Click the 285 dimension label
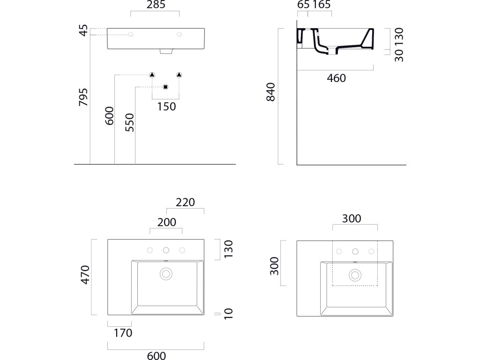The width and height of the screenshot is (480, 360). (156, 5)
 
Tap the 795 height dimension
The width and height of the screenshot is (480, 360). (83, 97)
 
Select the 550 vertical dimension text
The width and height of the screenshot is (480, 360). (130, 122)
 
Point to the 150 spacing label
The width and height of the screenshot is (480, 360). (166, 106)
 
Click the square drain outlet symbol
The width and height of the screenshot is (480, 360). (165, 87)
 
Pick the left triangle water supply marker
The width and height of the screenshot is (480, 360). (152, 75)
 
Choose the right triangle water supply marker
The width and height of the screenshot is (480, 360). (179, 75)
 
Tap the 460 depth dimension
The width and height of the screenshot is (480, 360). (336, 78)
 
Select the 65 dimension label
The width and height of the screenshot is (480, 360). (303, 5)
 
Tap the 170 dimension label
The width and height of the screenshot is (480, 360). (122, 333)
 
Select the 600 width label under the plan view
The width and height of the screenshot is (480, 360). (157, 356)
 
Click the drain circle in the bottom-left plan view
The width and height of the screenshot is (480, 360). (166, 273)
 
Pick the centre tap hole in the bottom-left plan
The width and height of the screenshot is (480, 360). (166, 250)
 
